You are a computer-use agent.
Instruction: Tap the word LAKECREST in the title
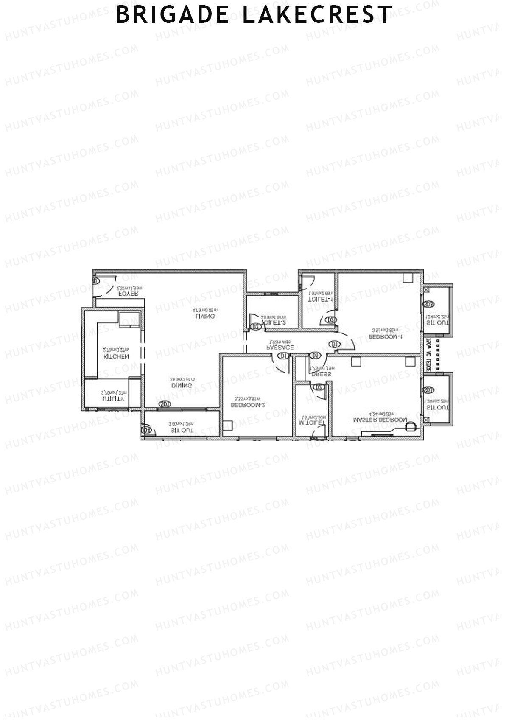tap(317, 15)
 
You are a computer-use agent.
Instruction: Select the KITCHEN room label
tap(116, 356)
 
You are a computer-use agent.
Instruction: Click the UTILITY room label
tap(113, 399)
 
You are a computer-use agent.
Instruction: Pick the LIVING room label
tap(205, 316)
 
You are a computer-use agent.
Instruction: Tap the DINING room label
tap(182, 385)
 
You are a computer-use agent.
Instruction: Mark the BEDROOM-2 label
tap(248, 405)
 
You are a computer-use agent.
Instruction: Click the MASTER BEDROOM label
tap(380, 420)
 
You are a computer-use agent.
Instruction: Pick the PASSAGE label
tap(280, 347)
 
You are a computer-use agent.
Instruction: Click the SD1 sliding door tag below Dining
tap(165, 404)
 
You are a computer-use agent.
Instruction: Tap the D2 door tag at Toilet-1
tap(331, 320)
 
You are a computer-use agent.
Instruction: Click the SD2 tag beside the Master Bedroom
tap(428, 389)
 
